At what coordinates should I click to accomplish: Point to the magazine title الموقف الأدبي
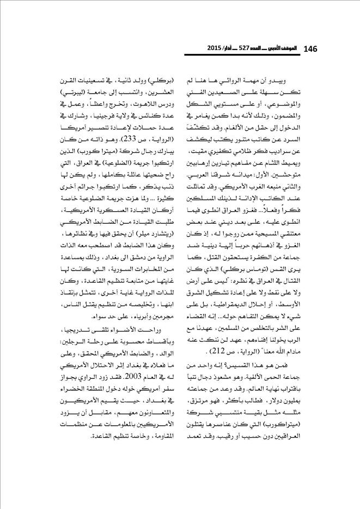point(289,48)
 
